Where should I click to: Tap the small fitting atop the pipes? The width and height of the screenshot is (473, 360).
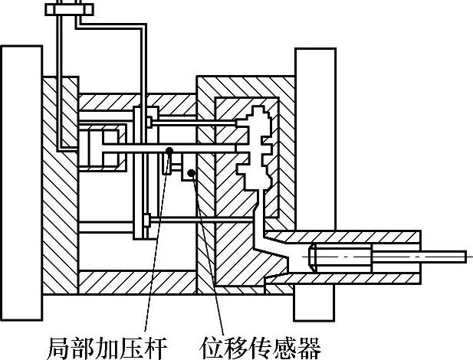coord(68,10)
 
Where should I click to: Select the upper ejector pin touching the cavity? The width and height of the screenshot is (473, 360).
coord(192,123)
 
